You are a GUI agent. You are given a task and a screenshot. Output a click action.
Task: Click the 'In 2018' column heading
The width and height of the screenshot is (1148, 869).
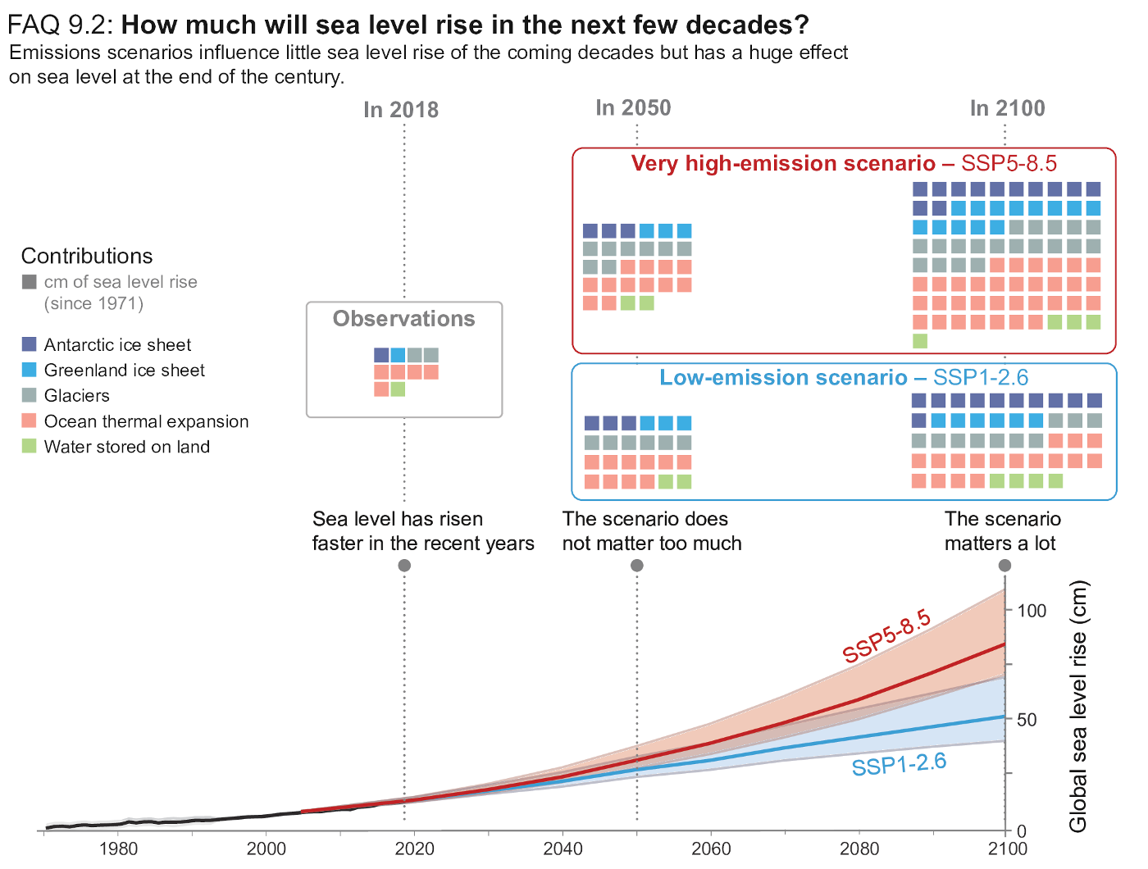(x=401, y=110)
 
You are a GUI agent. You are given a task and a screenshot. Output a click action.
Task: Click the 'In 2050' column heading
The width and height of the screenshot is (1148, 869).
(x=633, y=108)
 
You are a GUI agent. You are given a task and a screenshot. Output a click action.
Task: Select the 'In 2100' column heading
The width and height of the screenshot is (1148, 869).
(x=1007, y=108)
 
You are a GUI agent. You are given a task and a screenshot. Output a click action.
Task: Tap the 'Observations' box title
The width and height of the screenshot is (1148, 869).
(x=403, y=319)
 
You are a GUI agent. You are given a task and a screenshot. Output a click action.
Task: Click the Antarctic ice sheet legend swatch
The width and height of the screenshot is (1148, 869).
(x=30, y=344)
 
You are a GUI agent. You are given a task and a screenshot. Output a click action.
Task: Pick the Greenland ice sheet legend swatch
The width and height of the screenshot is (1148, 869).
(x=30, y=370)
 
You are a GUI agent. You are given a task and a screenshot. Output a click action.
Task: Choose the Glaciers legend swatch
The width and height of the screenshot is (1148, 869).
(x=30, y=395)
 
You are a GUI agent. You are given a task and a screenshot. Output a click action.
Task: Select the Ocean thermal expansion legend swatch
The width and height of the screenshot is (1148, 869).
(x=30, y=421)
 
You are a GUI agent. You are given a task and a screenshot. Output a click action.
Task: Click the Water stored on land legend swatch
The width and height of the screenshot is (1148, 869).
(x=30, y=447)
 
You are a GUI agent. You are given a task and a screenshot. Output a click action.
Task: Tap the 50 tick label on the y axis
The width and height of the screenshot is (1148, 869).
(x=1026, y=721)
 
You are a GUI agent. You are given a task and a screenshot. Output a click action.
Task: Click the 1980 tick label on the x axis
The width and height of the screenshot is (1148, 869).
(x=117, y=848)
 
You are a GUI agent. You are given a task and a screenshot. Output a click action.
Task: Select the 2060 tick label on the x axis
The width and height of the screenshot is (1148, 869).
(x=711, y=848)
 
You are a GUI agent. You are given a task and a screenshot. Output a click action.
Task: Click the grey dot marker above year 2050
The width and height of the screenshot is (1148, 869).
(x=636, y=566)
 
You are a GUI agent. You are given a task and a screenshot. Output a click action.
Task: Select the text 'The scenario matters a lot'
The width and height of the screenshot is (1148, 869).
(x=1002, y=531)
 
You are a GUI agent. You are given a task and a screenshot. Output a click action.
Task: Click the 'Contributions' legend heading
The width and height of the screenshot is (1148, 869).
(x=87, y=256)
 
